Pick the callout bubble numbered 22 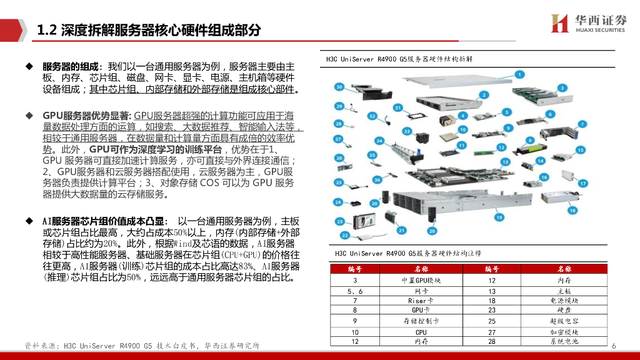[x=344, y=236]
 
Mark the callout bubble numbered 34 [x=379, y=141]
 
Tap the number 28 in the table [x=492, y=341]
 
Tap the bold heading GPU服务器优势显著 [x=86, y=116]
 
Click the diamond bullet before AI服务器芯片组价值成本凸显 [x=29, y=221]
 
